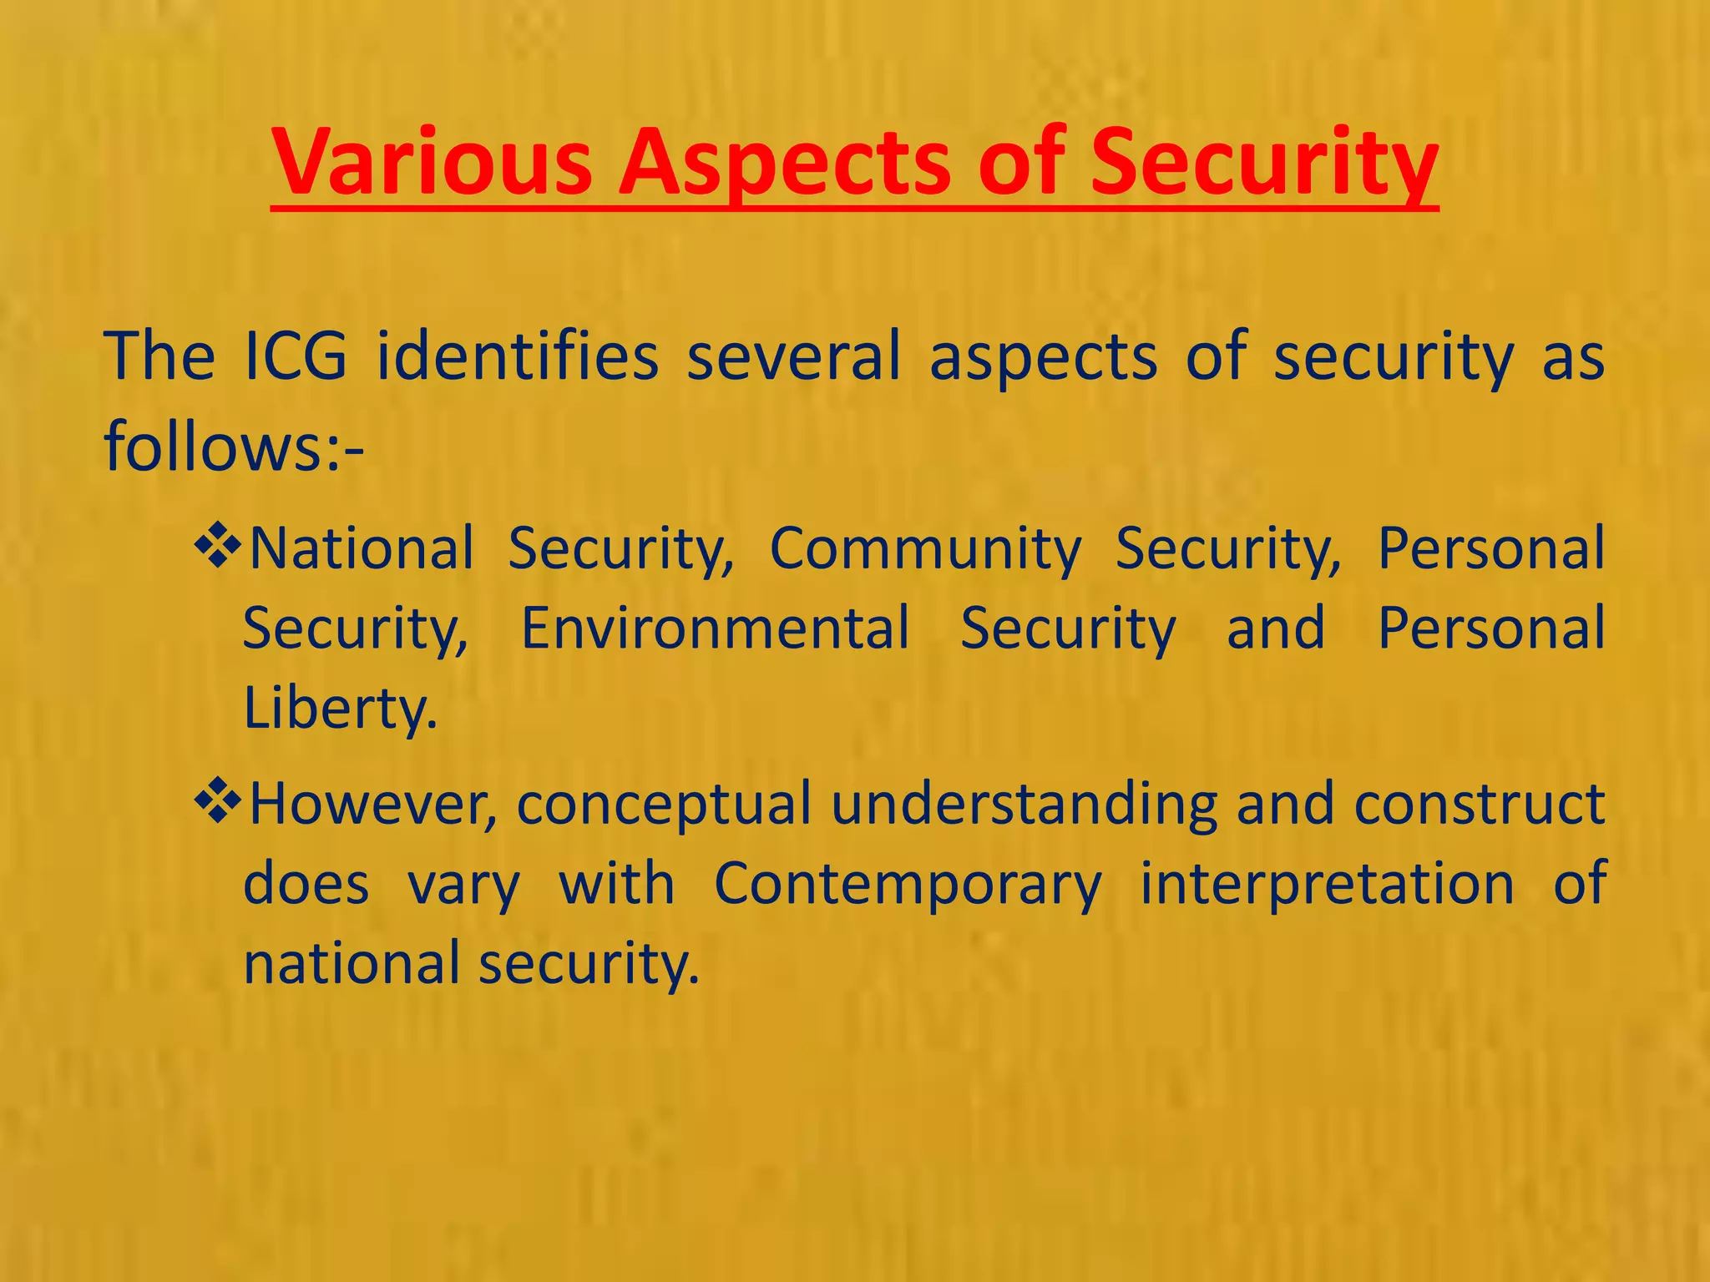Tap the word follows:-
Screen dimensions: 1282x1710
pyautogui.click(x=234, y=446)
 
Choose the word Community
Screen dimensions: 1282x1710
pyautogui.click(x=925, y=549)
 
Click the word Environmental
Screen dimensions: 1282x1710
pyautogui.click(x=716, y=628)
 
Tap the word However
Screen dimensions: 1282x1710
pyautogui.click(x=373, y=804)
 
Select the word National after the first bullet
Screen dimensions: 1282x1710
pyautogui.click(x=362, y=549)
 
